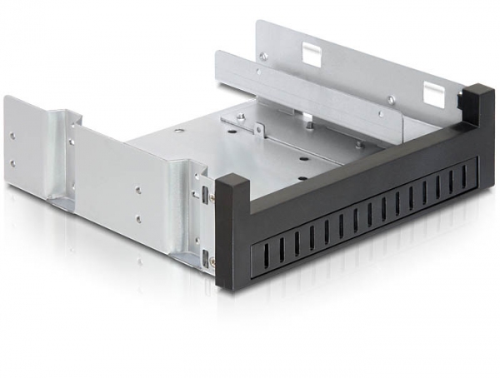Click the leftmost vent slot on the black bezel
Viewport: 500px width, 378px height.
point(252,249)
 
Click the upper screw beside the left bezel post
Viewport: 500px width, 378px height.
point(211,198)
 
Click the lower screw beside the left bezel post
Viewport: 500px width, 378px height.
point(213,261)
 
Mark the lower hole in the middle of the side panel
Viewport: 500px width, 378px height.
point(136,219)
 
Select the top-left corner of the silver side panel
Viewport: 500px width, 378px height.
point(7,97)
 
